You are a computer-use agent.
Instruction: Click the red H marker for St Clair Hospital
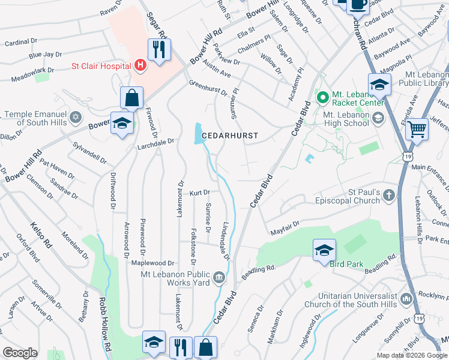[140, 64]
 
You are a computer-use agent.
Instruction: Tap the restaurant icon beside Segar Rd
[159, 49]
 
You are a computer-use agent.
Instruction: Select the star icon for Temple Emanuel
[76, 115]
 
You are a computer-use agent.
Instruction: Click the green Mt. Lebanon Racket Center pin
[322, 96]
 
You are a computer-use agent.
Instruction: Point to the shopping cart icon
[417, 128]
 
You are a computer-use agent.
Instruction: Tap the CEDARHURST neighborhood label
[229, 136]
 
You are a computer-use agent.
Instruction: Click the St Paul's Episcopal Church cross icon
[389, 195]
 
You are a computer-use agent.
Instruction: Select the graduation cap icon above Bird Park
[324, 250]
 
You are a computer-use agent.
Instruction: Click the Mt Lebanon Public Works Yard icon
[219, 277]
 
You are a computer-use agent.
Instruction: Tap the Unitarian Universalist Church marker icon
[406, 298]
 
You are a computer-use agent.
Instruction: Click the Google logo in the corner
[20, 353]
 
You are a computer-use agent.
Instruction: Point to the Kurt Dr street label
[199, 193]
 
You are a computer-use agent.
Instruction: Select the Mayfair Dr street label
[285, 227]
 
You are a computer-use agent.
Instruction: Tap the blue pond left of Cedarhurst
[198, 133]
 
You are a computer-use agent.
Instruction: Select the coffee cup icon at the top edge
[359, 4]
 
